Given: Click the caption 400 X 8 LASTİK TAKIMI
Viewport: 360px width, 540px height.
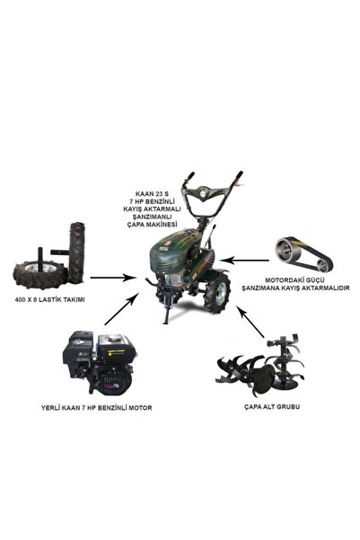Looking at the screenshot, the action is [49, 299].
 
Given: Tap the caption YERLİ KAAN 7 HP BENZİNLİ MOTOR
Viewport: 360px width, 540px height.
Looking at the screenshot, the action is [97, 408].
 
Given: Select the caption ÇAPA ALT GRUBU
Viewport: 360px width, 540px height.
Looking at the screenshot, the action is [272, 407].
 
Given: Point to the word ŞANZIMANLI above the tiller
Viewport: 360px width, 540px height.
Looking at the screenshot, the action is [152, 217].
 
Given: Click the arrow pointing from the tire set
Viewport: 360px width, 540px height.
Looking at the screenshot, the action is [112, 278].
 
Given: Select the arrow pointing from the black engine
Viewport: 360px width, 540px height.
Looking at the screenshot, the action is [122, 308].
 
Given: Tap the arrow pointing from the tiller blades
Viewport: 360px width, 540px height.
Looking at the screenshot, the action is [250, 321].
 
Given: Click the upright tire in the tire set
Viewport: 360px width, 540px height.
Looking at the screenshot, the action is [76, 252].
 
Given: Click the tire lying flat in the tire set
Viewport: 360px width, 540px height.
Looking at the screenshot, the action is [40, 273].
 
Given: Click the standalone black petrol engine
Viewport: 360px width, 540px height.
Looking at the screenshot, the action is [99, 364].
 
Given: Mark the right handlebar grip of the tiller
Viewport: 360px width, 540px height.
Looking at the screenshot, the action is [238, 177].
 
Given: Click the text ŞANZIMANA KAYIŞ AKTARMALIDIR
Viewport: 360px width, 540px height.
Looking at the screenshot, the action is [295, 288].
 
